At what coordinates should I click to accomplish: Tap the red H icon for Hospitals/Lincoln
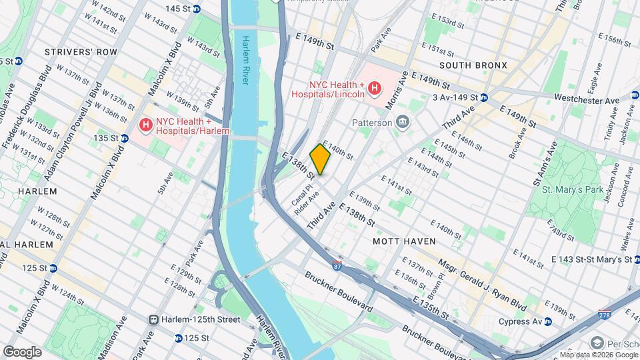[375, 88]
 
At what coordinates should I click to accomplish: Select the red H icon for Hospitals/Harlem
[145, 125]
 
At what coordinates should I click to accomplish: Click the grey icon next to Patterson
[403, 121]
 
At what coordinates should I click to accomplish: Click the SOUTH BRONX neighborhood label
[473, 65]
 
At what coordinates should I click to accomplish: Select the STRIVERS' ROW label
[81, 52]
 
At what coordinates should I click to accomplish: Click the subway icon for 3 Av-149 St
[485, 97]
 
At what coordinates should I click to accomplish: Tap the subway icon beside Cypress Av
[547, 322]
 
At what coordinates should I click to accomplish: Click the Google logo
[22, 351]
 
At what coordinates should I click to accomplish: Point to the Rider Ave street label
[311, 203]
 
